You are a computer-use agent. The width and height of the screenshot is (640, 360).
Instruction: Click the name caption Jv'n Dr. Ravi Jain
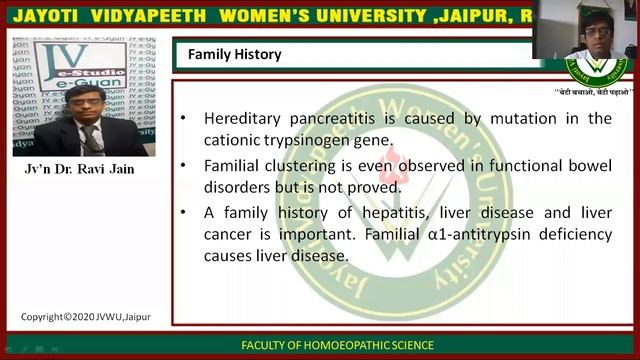click(x=79, y=169)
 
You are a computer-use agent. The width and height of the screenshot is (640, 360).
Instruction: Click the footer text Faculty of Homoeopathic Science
click(x=337, y=345)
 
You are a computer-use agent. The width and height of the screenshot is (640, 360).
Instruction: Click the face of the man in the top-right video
click(x=586, y=34)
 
